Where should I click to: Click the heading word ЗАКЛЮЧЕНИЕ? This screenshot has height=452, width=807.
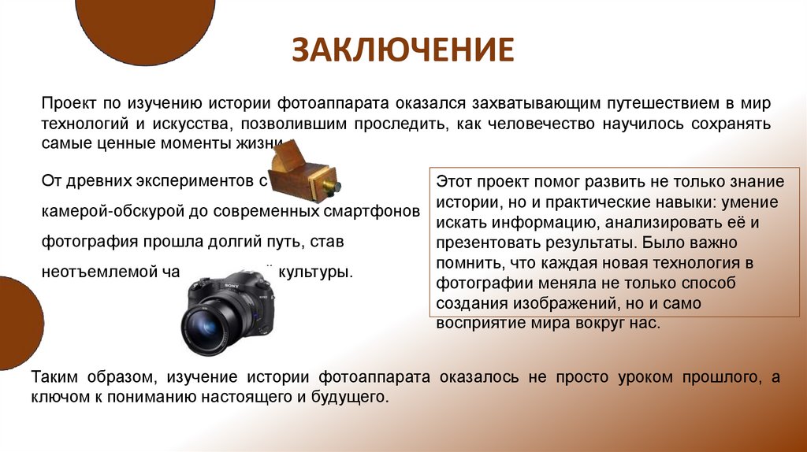[403, 49]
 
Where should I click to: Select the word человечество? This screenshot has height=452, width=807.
[544, 124]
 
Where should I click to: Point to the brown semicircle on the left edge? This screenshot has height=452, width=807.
[17, 323]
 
